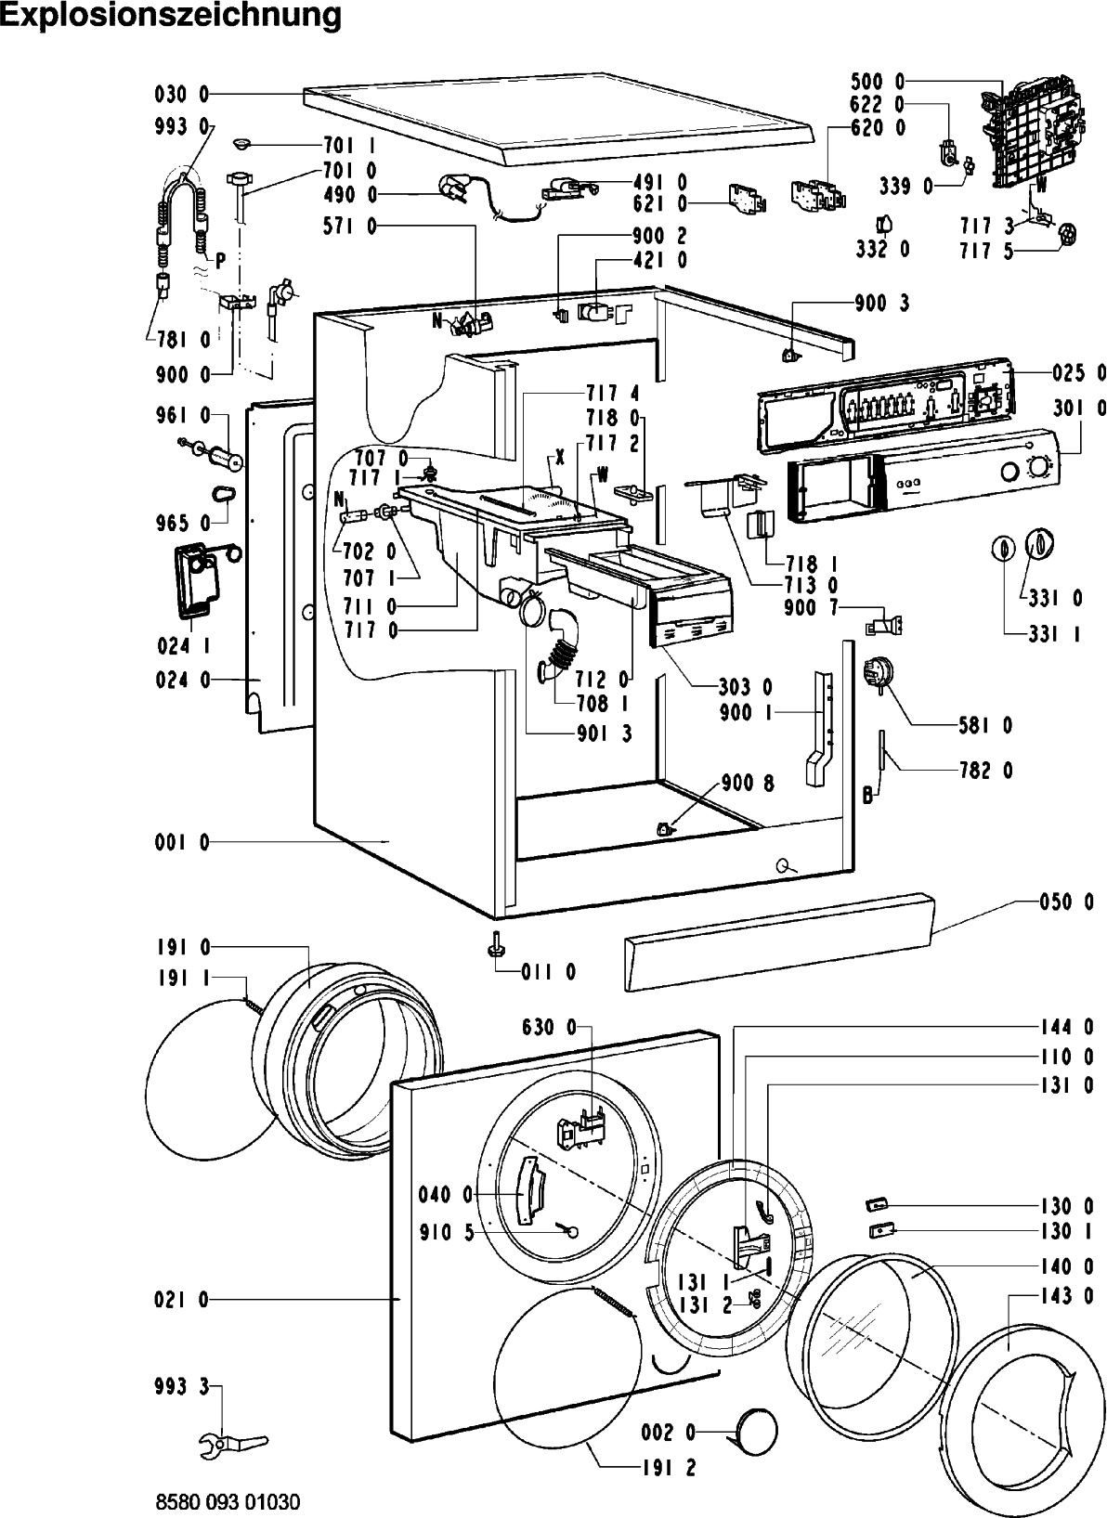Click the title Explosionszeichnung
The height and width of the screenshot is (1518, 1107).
click(171, 15)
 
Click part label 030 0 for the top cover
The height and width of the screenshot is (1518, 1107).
click(182, 95)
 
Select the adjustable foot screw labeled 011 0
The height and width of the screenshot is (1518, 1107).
click(494, 944)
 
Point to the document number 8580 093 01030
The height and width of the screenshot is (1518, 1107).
click(228, 1502)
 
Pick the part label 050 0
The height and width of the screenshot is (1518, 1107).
click(1067, 902)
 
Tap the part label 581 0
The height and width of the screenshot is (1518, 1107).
click(985, 726)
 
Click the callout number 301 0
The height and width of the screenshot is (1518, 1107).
click(1079, 408)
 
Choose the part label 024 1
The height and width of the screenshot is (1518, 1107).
click(183, 646)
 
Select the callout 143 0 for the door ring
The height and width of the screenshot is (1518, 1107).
click(1068, 1296)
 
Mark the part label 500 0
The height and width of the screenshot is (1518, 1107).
click(878, 82)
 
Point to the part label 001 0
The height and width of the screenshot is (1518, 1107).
click(182, 842)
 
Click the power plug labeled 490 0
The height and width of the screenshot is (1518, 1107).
click(458, 189)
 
